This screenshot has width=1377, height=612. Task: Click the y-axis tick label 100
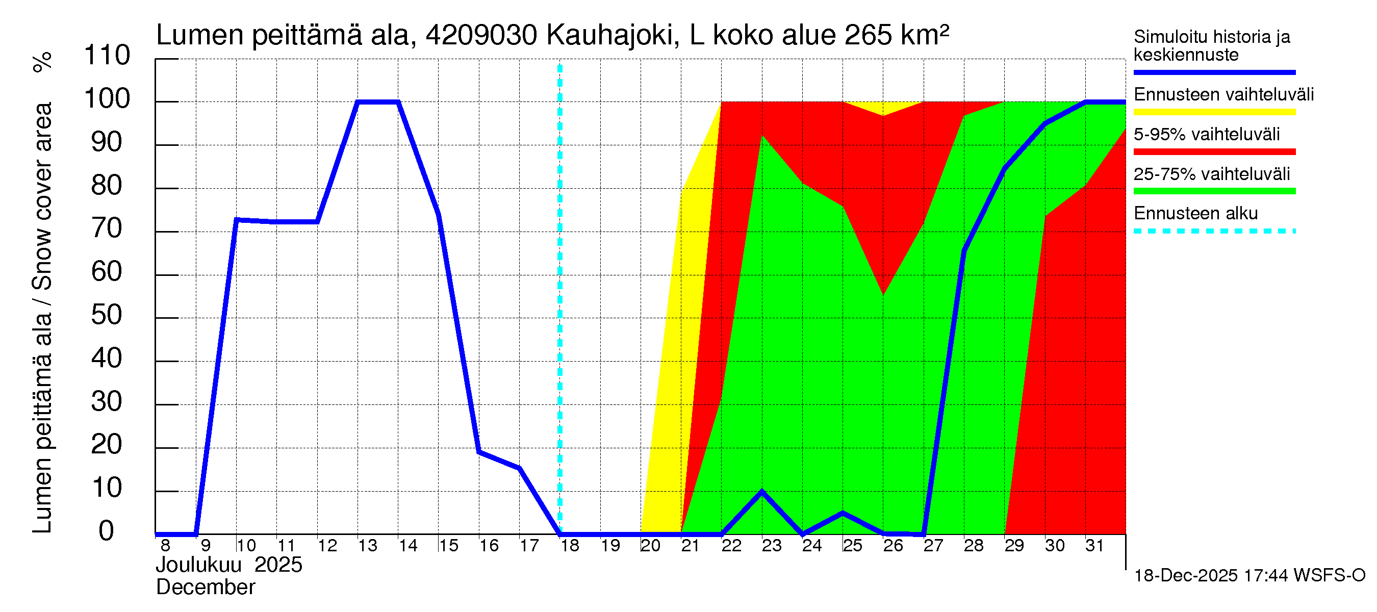pyautogui.click(x=107, y=99)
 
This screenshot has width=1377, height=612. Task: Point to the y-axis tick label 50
pyautogui.click(x=107, y=315)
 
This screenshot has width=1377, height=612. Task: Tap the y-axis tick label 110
pyautogui.click(x=107, y=56)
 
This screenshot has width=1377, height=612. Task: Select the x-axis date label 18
pyautogui.click(x=570, y=546)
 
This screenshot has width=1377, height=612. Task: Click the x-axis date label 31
pyautogui.click(x=1094, y=546)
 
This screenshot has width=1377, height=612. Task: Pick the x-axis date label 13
pyautogui.click(x=368, y=546)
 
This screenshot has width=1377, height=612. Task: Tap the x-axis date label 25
pyautogui.click(x=853, y=546)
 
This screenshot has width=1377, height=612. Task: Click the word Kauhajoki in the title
pyautogui.click(x=609, y=36)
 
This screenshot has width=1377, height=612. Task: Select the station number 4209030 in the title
pyautogui.click(x=481, y=36)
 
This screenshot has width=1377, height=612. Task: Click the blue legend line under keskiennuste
pyautogui.click(x=1214, y=72)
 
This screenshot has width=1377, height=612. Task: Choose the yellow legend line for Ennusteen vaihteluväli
pyautogui.click(x=1214, y=112)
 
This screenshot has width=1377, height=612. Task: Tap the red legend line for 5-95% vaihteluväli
pyautogui.click(x=1214, y=152)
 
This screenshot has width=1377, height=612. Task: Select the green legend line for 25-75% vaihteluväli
pyautogui.click(x=1214, y=191)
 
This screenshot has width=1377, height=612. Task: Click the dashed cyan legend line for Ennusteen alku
pyautogui.click(x=1214, y=232)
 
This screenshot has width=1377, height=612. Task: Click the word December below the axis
pyautogui.click(x=205, y=588)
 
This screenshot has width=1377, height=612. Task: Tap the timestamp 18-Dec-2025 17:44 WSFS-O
pyautogui.click(x=1249, y=576)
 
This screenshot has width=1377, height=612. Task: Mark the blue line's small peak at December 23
pyautogui.click(x=762, y=491)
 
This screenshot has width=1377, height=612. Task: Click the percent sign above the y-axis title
pyautogui.click(x=43, y=62)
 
